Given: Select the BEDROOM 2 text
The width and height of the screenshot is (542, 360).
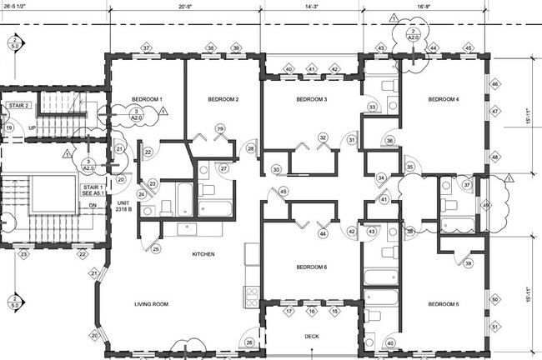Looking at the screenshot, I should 223,100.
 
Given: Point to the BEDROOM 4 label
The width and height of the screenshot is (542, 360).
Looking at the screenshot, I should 444,100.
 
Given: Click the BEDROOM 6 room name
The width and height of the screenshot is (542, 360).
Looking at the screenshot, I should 311,267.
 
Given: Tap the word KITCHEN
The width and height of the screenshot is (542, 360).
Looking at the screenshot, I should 204,253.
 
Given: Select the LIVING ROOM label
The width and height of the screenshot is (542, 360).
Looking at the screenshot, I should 151,305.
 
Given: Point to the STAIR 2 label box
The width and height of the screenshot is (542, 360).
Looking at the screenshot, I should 19,107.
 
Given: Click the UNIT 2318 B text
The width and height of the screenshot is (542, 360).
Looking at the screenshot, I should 123,207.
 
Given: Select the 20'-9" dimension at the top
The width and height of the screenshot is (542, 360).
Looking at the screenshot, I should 187,6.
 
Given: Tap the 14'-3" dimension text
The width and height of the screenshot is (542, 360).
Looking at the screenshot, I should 313,6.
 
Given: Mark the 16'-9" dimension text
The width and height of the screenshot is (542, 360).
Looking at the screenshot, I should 426,6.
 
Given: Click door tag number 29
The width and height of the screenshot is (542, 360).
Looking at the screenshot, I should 220,129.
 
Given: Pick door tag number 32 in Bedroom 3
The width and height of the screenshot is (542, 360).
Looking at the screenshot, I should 322,137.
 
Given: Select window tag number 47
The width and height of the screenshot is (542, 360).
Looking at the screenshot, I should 494,111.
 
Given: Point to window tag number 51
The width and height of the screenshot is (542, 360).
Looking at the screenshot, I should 495,327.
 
